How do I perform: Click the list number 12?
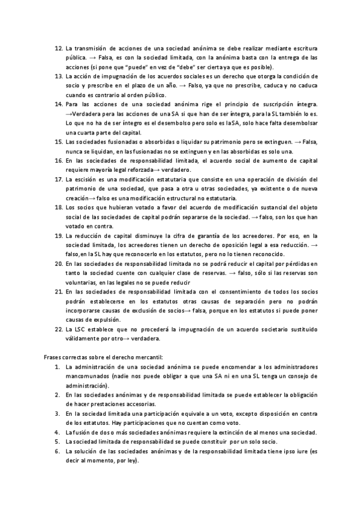tap(59, 48)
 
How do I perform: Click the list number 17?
tap(59, 180)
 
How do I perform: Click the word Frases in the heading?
tap(54, 357)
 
